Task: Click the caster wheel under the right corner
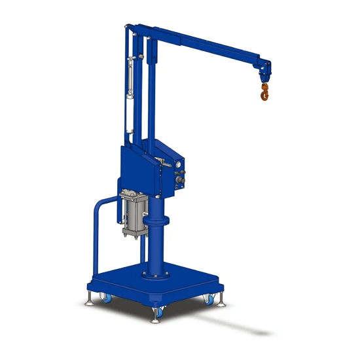pos(209,299)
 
